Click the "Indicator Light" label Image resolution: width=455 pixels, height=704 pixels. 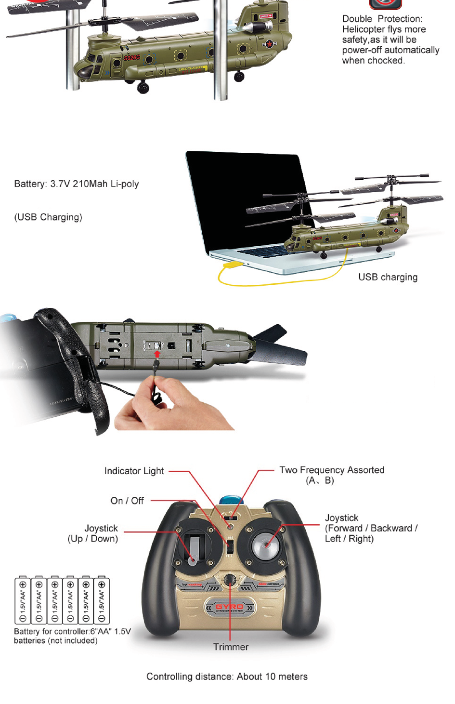click(134, 471)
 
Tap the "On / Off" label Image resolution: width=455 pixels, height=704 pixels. click(127, 501)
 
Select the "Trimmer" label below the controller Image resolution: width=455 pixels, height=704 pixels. click(231, 647)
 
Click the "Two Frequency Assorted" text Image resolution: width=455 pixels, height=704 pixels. click(332, 470)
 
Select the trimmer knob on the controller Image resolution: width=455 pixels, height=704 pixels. click(230, 579)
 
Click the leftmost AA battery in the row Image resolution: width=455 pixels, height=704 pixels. click(23, 600)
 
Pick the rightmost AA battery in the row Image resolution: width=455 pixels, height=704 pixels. click(102, 600)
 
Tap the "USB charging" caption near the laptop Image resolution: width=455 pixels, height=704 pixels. click(388, 277)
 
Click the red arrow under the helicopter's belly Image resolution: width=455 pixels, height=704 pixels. click(157, 354)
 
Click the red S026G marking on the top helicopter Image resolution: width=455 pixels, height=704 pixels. click(131, 58)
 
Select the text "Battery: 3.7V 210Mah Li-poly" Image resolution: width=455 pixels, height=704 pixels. click(77, 184)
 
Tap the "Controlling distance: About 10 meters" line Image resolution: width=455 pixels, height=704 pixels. click(227, 677)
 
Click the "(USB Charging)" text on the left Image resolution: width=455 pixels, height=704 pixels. click(48, 217)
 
